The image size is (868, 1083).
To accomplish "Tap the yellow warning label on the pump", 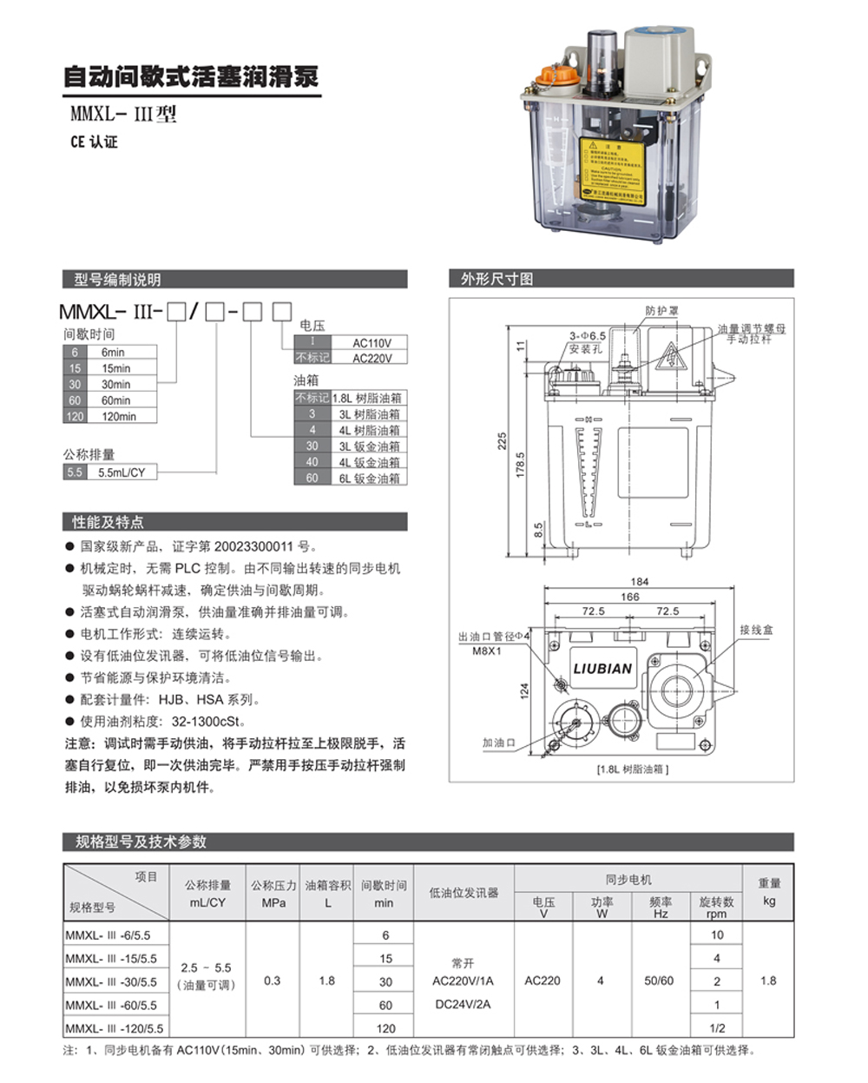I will [x=613, y=171].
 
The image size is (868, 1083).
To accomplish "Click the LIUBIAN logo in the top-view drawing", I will [x=602, y=668].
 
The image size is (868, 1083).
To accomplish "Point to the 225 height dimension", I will [x=502, y=441].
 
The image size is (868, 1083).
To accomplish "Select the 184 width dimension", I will [x=640, y=581].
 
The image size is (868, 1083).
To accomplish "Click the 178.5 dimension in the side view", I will [x=521, y=464].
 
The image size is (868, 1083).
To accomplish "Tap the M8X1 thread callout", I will [x=487, y=650].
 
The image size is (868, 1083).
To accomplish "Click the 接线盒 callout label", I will [x=756, y=630].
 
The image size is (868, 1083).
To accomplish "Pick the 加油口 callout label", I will [x=499, y=743].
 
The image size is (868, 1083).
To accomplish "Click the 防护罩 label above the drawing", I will [x=662, y=310].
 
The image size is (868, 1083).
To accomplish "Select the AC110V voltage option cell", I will [x=372, y=343].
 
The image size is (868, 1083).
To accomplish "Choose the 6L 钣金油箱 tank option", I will [x=370, y=478].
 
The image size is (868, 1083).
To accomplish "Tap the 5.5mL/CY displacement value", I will [x=122, y=472].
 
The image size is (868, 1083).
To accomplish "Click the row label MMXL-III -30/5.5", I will [x=114, y=981].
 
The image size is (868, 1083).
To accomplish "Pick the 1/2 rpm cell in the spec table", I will [x=717, y=1027].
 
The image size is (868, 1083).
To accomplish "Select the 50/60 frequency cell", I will [x=659, y=981].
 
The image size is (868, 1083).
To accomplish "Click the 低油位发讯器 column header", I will [x=464, y=892].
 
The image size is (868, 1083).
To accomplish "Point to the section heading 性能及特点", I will [x=108, y=522].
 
